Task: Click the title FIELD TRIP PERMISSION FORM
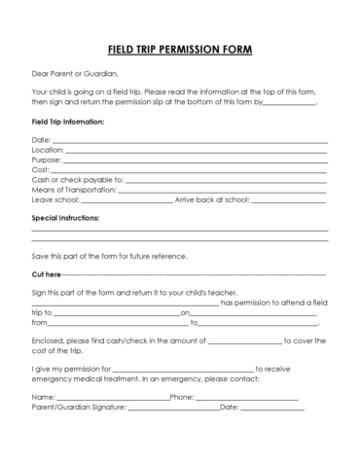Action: [180, 48]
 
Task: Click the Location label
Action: [48, 152]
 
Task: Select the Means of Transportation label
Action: [74, 191]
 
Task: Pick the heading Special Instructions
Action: [66, 220]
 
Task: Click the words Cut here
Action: [47, 275]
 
